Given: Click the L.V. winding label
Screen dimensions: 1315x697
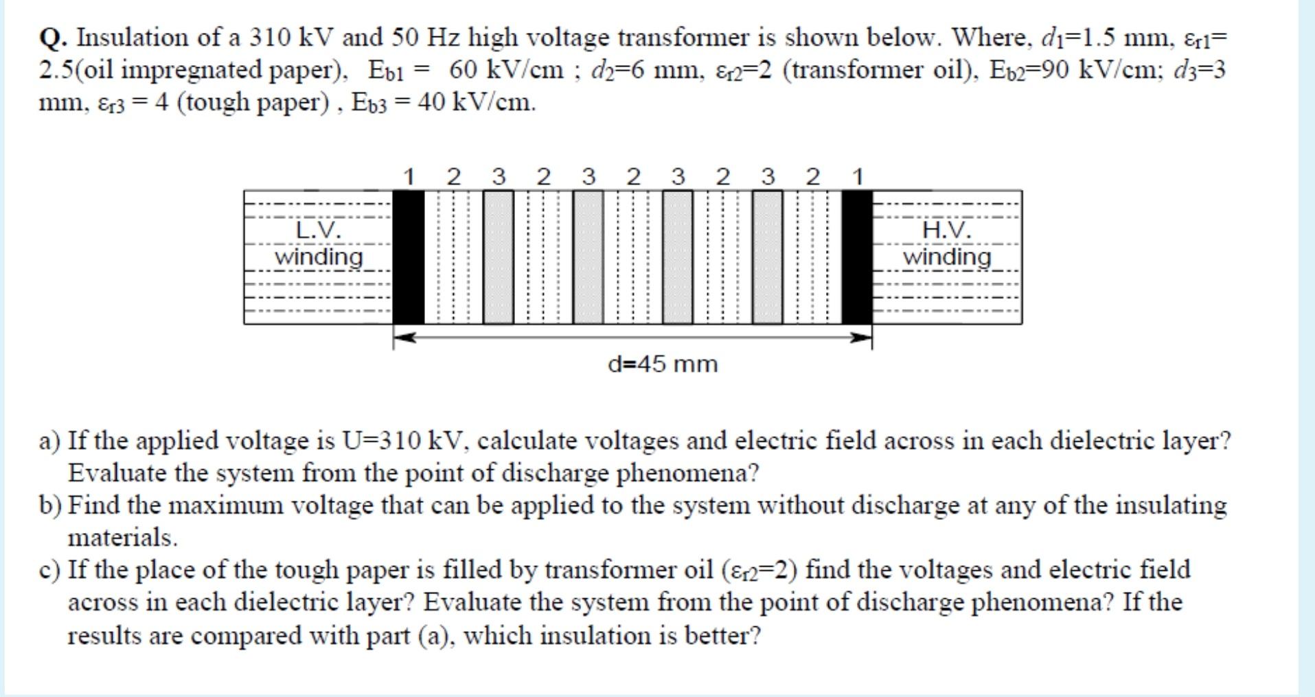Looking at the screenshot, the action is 319,244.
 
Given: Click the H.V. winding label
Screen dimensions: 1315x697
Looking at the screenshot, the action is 947,244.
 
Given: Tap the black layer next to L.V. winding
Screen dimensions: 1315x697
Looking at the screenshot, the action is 409,257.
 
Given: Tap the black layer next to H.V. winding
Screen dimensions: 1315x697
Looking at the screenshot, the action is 856,257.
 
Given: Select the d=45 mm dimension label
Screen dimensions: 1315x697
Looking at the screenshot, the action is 663,364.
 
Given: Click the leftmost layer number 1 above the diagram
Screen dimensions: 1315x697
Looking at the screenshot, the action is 409,177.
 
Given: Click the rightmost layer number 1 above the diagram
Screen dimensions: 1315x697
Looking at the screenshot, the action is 857,177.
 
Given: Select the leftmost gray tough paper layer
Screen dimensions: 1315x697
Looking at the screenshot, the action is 499,257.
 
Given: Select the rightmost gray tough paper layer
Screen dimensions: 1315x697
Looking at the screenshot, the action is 767,257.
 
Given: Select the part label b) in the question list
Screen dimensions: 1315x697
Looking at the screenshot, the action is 51,506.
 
